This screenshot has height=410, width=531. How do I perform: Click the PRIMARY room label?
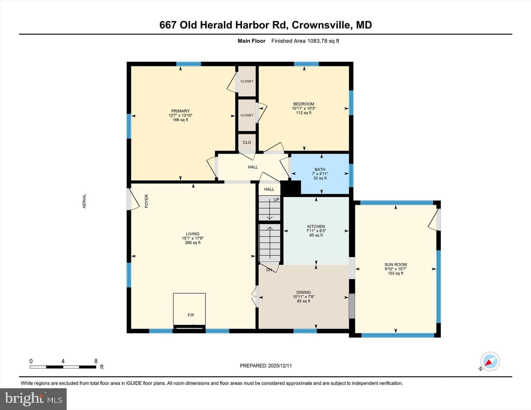point(180,111)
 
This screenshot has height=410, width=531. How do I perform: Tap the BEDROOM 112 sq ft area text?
point(304,113)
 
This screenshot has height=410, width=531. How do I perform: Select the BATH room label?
point(320,169)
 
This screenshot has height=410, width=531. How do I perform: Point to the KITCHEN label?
point(316,227)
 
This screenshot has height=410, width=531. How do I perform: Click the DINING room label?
point(303,292)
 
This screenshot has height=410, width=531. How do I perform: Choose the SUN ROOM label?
point(396,264)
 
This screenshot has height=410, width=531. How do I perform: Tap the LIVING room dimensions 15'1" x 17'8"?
point(192,238)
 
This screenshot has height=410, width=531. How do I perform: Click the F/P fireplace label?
point(191,315)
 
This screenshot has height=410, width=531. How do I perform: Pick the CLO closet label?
point(247,142)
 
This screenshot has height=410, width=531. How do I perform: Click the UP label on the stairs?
point(276,199)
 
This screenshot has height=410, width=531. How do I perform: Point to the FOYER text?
point(146,201)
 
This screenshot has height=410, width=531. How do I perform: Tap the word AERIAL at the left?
point(84,201)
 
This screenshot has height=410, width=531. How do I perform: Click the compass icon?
point(490,361)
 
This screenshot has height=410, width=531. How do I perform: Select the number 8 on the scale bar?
point(96,361)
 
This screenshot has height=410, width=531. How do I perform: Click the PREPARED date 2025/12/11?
point(280,365)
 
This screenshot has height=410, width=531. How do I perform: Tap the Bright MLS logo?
point(33,399)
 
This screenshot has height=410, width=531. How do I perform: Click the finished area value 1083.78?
point(317,41)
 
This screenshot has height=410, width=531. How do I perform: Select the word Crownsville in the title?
point(322,25)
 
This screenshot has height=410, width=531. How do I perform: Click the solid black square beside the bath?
point(291,188)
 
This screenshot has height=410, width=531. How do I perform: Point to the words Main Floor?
point(251,41)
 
